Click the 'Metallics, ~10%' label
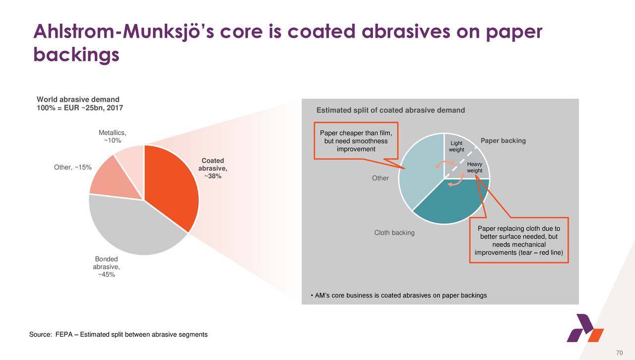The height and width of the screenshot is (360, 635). [113, 137]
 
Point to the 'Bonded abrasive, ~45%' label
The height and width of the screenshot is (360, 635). [106, 267]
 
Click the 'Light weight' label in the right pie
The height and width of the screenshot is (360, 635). [456, 146]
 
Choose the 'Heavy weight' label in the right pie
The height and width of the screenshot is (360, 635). [475, 168]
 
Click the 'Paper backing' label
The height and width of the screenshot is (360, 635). [503, 141]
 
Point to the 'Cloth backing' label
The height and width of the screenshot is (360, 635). [394, 233]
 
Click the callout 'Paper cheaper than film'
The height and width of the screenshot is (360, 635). [356, 141]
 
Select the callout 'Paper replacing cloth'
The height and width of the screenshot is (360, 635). [518, 240]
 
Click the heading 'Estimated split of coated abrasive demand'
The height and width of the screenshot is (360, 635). [390, 110]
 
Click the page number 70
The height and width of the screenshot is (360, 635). [619, 353]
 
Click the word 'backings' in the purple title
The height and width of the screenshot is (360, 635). [76, 54]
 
